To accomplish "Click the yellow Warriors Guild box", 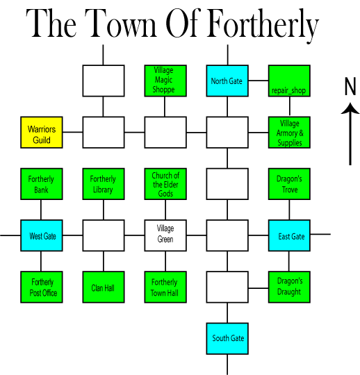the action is (42, 133).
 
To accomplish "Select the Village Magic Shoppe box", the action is (165, 81).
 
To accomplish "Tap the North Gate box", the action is (227, 81).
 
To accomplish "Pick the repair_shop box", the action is (289, 81).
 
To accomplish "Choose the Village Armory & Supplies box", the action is (289, 133).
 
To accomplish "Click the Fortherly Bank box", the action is (42, 184).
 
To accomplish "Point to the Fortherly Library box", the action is (104, 184).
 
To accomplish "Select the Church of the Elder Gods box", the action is (165, 184).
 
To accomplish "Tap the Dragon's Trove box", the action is (289, 184).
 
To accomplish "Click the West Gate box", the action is (42, 235).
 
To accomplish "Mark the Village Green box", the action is (165, 235).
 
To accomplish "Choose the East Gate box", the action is (289, 235).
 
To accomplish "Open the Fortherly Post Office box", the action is (42, 287).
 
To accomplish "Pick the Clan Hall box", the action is (104, 287).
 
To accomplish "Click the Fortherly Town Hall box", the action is (165, 287).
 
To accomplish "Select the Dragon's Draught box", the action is (289, 287).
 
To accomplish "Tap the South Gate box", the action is (227, 339).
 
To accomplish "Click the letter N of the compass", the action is (350, 86).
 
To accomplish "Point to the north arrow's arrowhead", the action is (350, 108).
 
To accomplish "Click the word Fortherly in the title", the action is (263, 26).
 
